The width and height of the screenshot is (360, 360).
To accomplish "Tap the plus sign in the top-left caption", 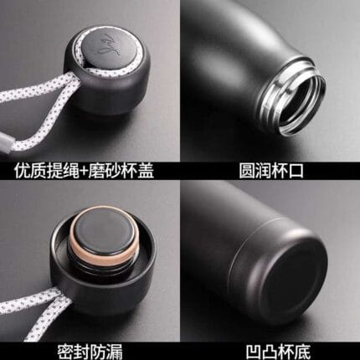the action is pos(82,171).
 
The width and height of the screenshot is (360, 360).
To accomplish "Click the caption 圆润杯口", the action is pos(271,171).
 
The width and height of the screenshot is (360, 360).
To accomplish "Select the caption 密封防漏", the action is pos(90,351).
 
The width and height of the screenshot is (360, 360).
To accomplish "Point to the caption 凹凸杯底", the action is pos(278,352).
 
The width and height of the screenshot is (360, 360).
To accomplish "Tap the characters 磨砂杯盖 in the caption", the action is pos(121,171).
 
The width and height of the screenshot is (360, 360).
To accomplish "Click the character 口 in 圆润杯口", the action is pos(296,171).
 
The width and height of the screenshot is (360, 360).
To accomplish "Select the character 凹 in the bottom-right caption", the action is pos(254,352).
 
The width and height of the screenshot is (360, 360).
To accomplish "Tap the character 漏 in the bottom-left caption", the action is pos(115,352).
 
